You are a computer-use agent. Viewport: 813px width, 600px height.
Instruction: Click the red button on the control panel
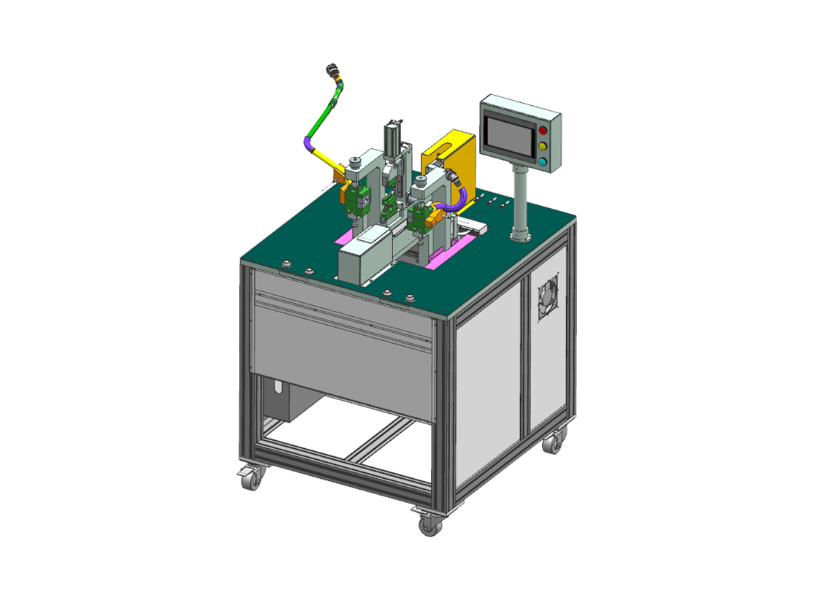542,131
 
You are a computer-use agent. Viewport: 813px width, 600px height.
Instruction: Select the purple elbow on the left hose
310,142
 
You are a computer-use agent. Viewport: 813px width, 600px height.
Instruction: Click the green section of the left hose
323,117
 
